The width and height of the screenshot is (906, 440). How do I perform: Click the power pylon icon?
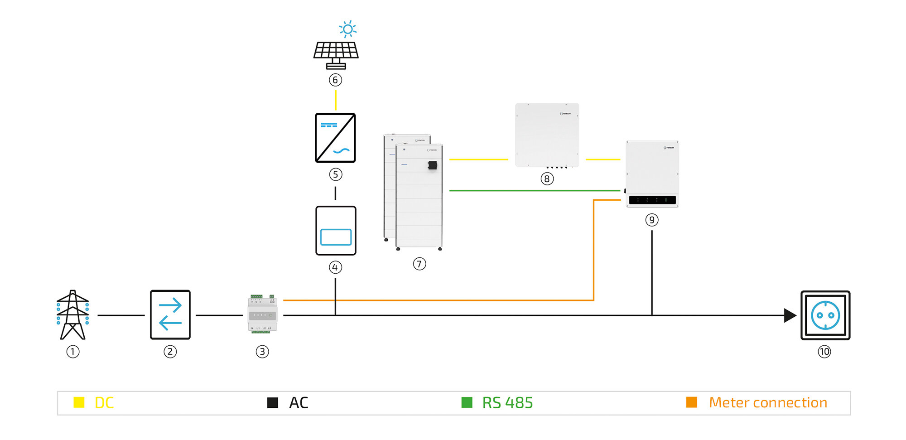[x=72, y=315]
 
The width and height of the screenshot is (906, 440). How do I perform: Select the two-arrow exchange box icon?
[x=170, y=315]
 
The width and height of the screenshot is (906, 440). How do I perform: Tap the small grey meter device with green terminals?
[x=262, y=314]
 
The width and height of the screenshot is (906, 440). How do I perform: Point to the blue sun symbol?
[x=347, y=29]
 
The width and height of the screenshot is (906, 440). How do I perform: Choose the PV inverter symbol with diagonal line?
[x=335, y=138]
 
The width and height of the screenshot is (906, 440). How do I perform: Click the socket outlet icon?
[x=825, y=315]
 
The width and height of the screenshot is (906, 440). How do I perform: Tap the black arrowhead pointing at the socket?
[x=790, y=315]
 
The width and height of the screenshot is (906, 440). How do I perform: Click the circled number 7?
[x=419, y=264]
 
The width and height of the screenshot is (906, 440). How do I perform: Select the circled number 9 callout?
[x=652, y=220]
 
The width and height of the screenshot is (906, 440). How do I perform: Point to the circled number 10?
[x=824, y=352]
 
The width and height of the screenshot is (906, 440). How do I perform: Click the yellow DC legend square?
[x=79, y=402]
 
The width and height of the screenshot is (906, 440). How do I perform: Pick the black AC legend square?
[x=273, y=402]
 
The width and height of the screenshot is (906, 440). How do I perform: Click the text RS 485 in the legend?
[x=507, y=402]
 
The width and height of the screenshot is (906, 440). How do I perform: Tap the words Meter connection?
[x=768, y=402]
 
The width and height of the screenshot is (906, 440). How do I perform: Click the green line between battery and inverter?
[x=535, y=191]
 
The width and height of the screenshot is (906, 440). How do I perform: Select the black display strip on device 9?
[x=652, y=200]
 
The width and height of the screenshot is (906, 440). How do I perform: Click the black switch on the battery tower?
[x=433, y=165]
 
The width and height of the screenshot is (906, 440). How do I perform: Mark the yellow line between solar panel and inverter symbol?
[x=336, y=100]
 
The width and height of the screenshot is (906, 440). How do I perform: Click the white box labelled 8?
[x=547, y=135]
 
